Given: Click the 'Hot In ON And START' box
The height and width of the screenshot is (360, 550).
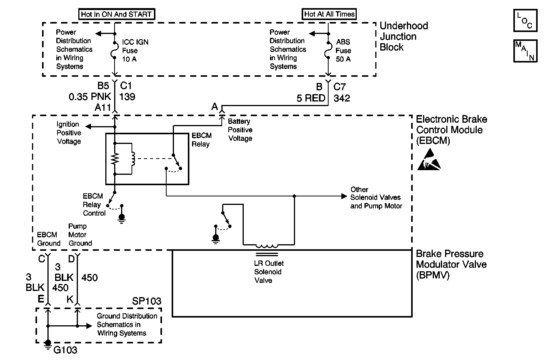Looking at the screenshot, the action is tap(116, 14).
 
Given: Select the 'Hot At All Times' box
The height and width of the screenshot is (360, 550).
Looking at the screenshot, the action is tap(329, 14).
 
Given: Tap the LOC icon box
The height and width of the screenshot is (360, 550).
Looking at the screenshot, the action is tap(525, 20).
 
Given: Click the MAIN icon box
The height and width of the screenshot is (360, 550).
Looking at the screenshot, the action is tap(525, 51).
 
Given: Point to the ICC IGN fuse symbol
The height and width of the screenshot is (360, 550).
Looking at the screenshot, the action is tap(115, 50).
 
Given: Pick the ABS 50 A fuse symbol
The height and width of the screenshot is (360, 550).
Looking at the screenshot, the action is tap(328, 50).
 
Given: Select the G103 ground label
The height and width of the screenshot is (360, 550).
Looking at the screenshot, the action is tap(65, 350).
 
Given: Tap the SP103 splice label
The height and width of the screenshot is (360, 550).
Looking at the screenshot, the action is tap(147, 301).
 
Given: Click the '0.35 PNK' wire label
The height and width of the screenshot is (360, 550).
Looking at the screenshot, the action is tap(90, 97).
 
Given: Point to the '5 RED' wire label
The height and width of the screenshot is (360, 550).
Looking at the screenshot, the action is tap(311, 98).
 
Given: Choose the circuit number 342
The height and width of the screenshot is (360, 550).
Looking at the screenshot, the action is tap(342, 98).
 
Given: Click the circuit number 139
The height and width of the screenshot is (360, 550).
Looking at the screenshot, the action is tap(127, 97).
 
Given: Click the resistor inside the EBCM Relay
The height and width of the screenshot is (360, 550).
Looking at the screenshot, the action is tap(115, 159).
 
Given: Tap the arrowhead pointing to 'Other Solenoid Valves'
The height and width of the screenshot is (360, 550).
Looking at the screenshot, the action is tap(344, 196).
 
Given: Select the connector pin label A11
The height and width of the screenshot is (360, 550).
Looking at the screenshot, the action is tap(103, 107).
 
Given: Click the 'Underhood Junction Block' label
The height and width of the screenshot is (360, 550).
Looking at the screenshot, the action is tap(404, 36).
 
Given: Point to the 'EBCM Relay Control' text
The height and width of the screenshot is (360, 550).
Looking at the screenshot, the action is tap(94, 205).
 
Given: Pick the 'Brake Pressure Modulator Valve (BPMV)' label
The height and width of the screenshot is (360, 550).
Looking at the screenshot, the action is tap(451, 264).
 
